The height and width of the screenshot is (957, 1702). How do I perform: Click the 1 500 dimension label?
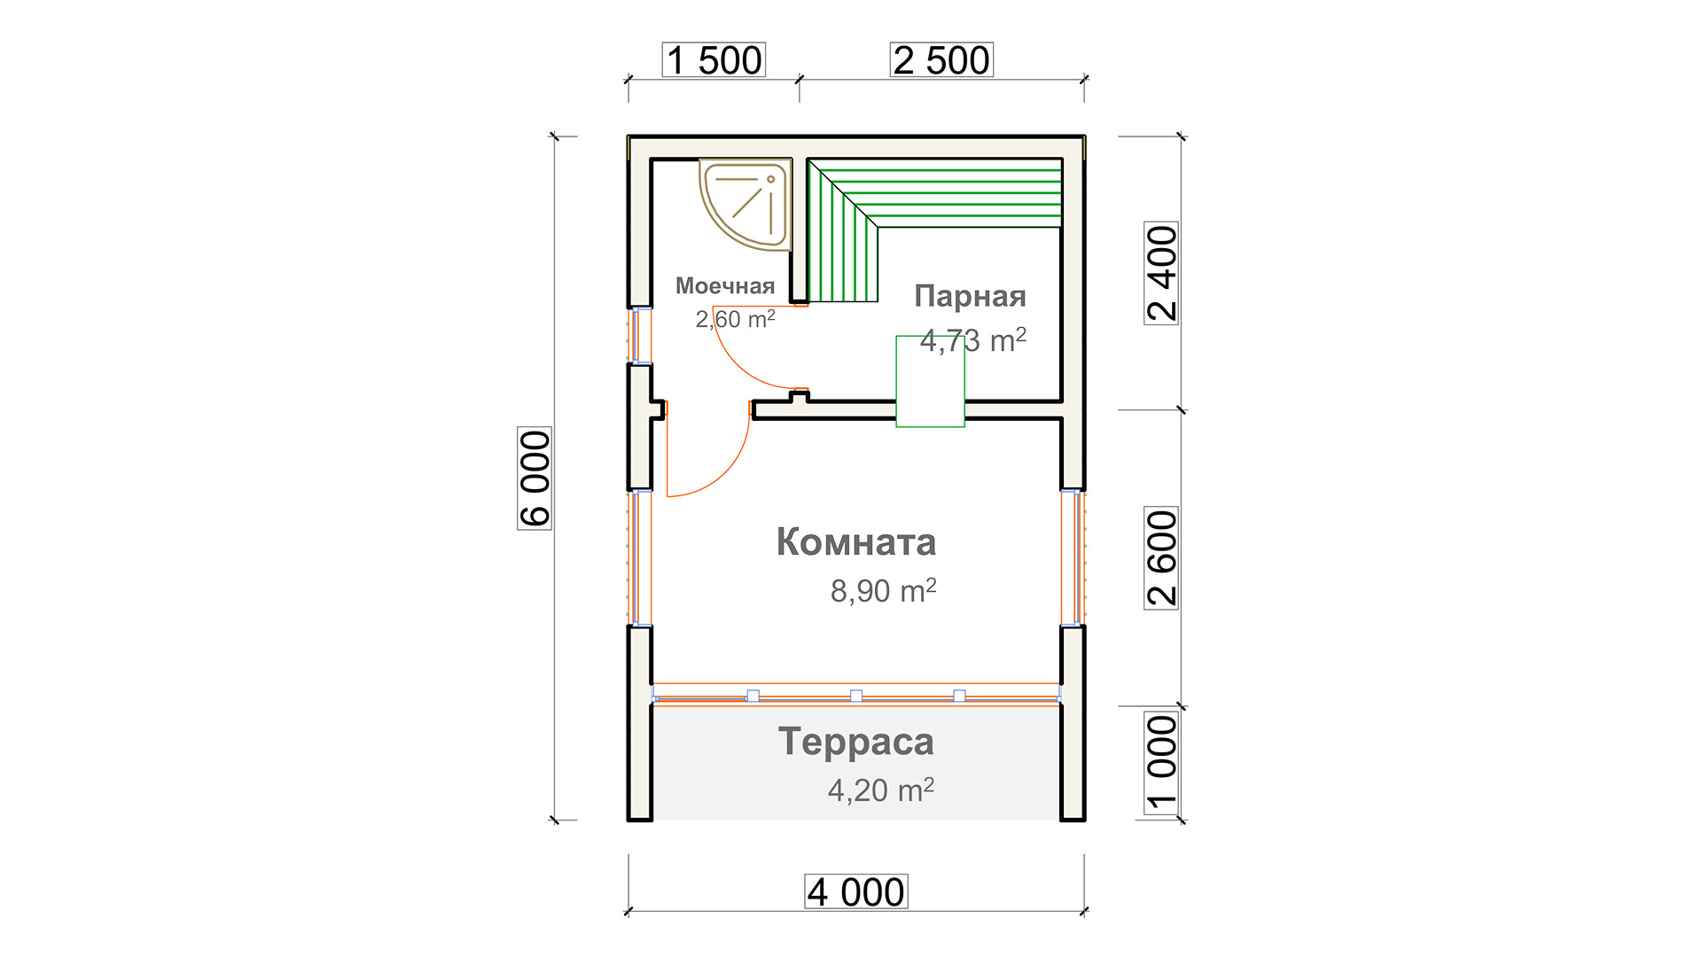(714, 60)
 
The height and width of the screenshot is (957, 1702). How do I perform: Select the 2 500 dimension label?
(941, 60)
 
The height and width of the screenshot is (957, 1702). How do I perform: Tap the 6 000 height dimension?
(535, 478)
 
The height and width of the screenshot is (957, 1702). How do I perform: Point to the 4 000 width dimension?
(856, 891)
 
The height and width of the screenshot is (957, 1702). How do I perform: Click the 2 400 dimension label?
(1161, 273)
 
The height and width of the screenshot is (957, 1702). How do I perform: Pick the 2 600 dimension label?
(1161, 558)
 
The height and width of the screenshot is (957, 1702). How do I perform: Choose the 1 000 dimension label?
(1161, 763)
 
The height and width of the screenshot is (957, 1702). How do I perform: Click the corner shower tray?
(745, 202)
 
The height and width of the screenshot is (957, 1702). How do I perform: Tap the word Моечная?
(725, 286)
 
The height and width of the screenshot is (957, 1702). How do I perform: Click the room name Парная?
(970, 296)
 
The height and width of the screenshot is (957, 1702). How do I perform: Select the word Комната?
(856, 542)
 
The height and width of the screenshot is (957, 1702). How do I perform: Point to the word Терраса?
(856, 742)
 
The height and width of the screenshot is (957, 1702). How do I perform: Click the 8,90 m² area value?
(883, 591)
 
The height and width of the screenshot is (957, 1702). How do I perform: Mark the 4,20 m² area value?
(880, 790)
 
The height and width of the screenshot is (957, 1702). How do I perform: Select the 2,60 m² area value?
(735, 319)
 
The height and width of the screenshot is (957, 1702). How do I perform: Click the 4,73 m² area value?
(973, 340)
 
